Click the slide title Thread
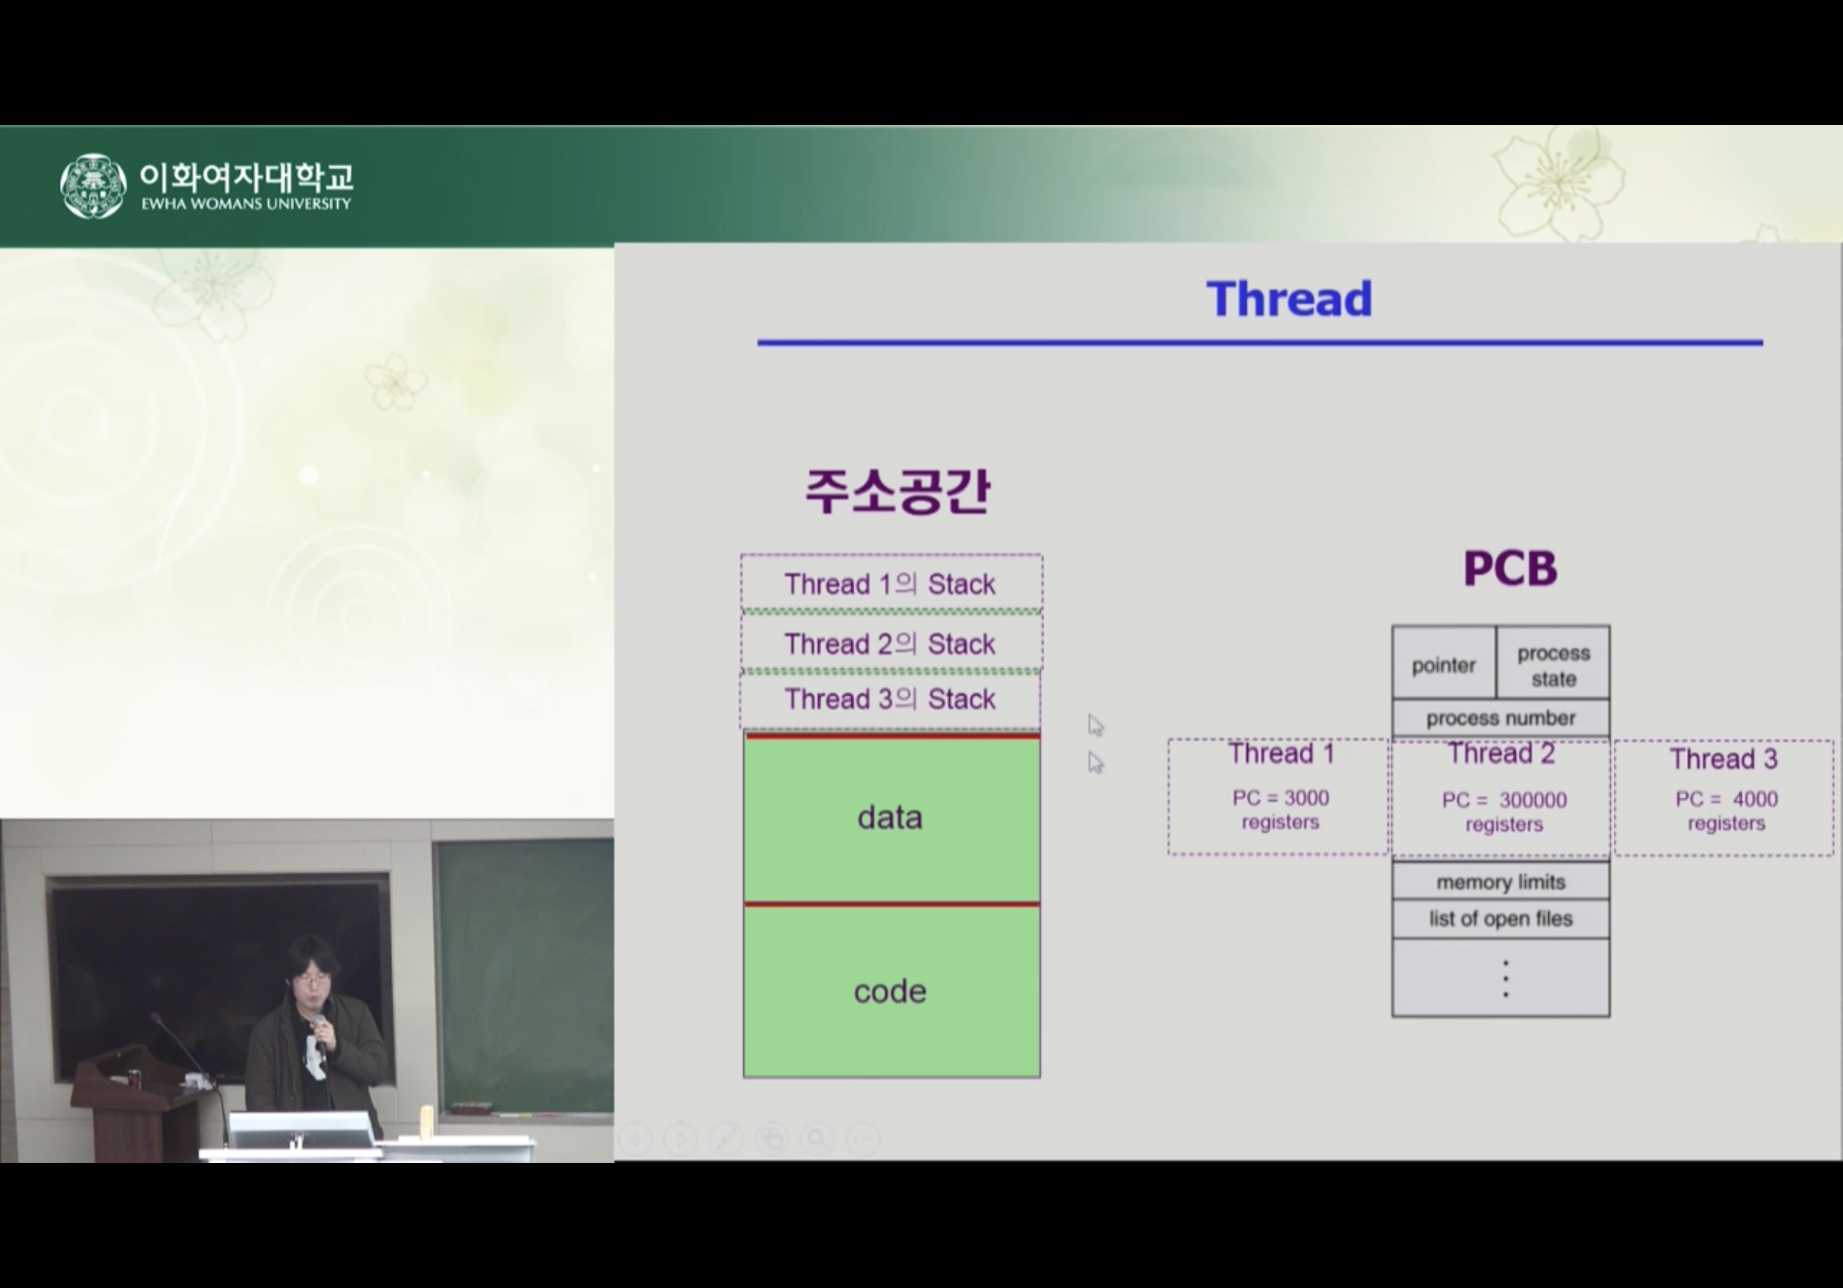point(1289,299)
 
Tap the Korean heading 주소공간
point(898,490)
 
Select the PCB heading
point(1510,568)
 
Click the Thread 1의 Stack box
point(891,583)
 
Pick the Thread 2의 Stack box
point(891,642)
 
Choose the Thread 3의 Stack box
point(889,700)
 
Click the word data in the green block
point(889,818)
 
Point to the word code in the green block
point(889,991)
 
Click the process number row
point(1501,718)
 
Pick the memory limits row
point(1501,882)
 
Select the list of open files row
point(1501,919)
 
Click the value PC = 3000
point(1280,798)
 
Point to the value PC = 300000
point(1504,800)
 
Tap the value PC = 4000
point(1726,799)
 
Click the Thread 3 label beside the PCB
point(1723,759)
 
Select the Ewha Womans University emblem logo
point(93,185)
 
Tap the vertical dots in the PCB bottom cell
point(1505,978)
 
